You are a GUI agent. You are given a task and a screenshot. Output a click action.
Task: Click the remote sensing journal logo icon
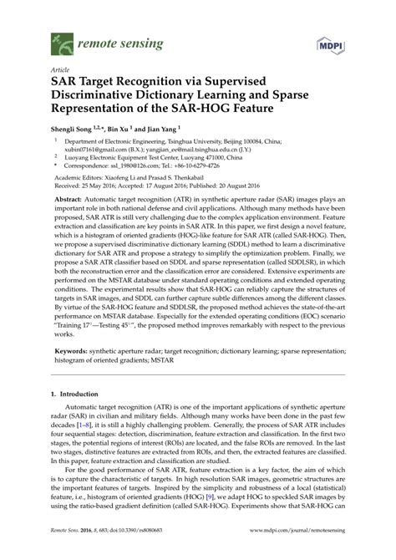pos(60,39)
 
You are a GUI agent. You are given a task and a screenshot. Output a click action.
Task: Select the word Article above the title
pos(59,72)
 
